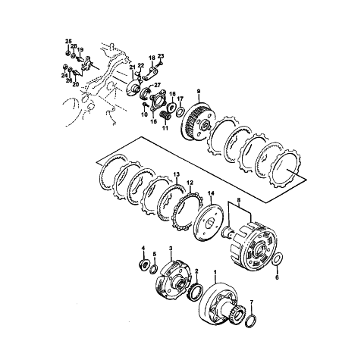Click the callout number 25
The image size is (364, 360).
click(68, 41)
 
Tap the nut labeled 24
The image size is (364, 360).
click(64, 67)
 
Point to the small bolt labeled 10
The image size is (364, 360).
click(145, 104)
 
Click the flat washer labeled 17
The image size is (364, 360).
click(180, 111)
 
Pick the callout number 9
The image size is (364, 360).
click(199, 91)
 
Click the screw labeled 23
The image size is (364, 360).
click(161, 63)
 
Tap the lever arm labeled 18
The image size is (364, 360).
click(151, 74)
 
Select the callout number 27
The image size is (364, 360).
click(157, 85)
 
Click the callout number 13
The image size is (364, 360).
click(177, 174)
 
